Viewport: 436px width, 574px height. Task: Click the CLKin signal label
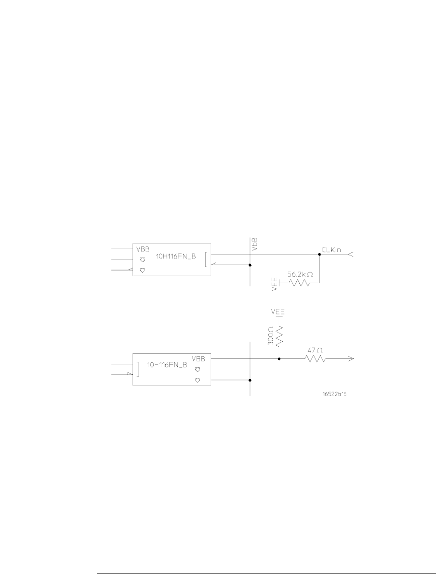pos(333,249)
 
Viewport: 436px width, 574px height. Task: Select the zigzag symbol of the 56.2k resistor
pos(299,283)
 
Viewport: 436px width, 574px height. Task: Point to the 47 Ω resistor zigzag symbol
pos(314,359)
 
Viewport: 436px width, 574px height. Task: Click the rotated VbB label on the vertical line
pos(255,245)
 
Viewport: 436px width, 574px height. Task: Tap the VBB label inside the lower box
pos(198,358)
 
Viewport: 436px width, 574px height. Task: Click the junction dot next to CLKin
pos(319,254)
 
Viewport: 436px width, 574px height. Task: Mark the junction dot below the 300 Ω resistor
pos(279,359)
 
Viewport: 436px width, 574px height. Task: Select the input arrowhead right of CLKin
pos(351,255)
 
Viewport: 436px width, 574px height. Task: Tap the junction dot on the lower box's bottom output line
pos(250,380)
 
